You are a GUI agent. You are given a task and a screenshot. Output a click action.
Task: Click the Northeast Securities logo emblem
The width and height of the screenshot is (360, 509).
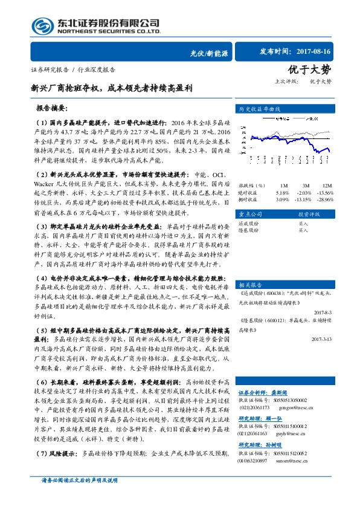pos(40,26)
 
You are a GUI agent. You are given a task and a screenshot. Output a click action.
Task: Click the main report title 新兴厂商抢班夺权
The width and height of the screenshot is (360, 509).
pos(112,88)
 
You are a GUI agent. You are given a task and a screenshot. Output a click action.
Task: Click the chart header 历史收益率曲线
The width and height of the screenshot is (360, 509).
pos(260,110)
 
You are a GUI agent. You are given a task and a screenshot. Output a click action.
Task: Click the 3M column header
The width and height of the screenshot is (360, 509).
pos(307,185)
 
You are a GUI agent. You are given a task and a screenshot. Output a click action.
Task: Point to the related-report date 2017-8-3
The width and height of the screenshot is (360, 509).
pos(324,313)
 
